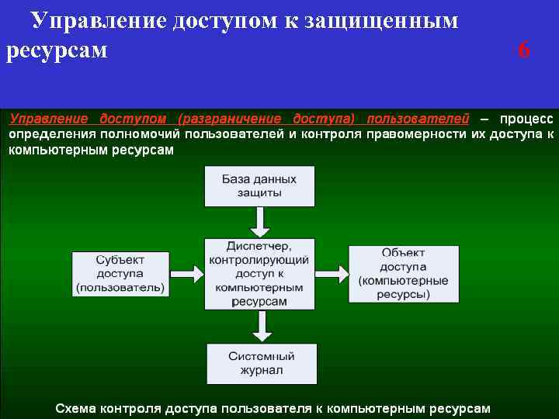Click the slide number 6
(x=524, y=50)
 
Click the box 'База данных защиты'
(x=259, y=185)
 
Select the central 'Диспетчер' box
(x=259, y=273)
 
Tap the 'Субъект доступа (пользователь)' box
(x=120, y=273)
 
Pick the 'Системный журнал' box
(x=261, y=363)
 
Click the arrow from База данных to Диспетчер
(x=261, y=222)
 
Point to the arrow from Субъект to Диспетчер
(x=185, y=274)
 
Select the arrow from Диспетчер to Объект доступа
(x=332, y=274)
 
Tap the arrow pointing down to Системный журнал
(x=262, y=326)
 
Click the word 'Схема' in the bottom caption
(x=76, y=407)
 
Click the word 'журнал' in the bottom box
(x=261, y=371)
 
